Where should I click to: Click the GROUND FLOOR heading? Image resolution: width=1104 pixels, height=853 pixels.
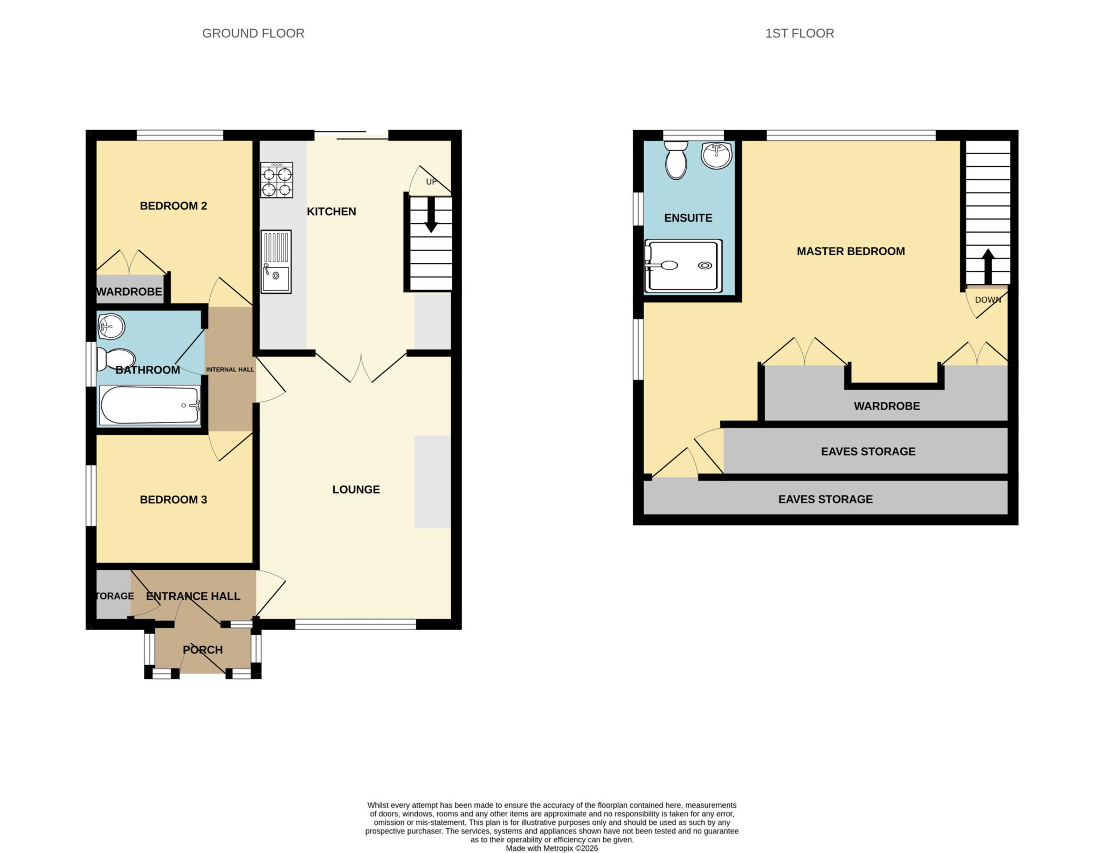(x=253, y=33)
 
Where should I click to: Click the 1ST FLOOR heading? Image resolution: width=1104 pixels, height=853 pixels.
(x=799, y=33)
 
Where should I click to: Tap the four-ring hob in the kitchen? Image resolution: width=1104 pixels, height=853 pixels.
(x=277, y=180)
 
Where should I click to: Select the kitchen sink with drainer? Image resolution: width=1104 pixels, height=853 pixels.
(x=276, y=262)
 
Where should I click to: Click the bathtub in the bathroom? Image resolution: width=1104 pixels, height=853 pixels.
(x=149, y=405)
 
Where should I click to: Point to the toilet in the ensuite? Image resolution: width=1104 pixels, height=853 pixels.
(x=676, y=160)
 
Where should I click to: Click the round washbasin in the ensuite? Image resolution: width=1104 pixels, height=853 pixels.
(x=716, y=155)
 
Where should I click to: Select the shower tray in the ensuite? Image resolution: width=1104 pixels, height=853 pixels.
(x=684, y=266)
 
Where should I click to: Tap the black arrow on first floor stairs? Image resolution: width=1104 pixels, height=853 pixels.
(x=988, y=266)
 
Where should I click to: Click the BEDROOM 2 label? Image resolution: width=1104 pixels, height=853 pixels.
(x=173, y=206)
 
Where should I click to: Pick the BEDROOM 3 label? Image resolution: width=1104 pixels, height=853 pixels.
(x=173, y=500)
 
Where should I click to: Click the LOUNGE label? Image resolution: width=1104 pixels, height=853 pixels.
(x=356, y=489)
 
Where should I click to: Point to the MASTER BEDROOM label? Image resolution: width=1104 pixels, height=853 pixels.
(x=850, y=251)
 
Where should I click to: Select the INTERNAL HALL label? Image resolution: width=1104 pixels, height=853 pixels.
(x=230, y=370)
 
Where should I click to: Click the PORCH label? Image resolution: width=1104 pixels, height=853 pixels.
(x=203, y=650)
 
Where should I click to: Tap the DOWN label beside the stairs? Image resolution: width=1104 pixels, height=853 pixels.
(x=988, y=300)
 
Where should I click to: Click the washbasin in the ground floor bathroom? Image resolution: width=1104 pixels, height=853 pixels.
(x=111, y=326)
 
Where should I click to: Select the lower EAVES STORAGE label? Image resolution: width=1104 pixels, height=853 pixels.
(x=825, y=499)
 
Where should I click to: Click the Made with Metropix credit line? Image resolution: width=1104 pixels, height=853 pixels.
(x=551, y=848)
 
